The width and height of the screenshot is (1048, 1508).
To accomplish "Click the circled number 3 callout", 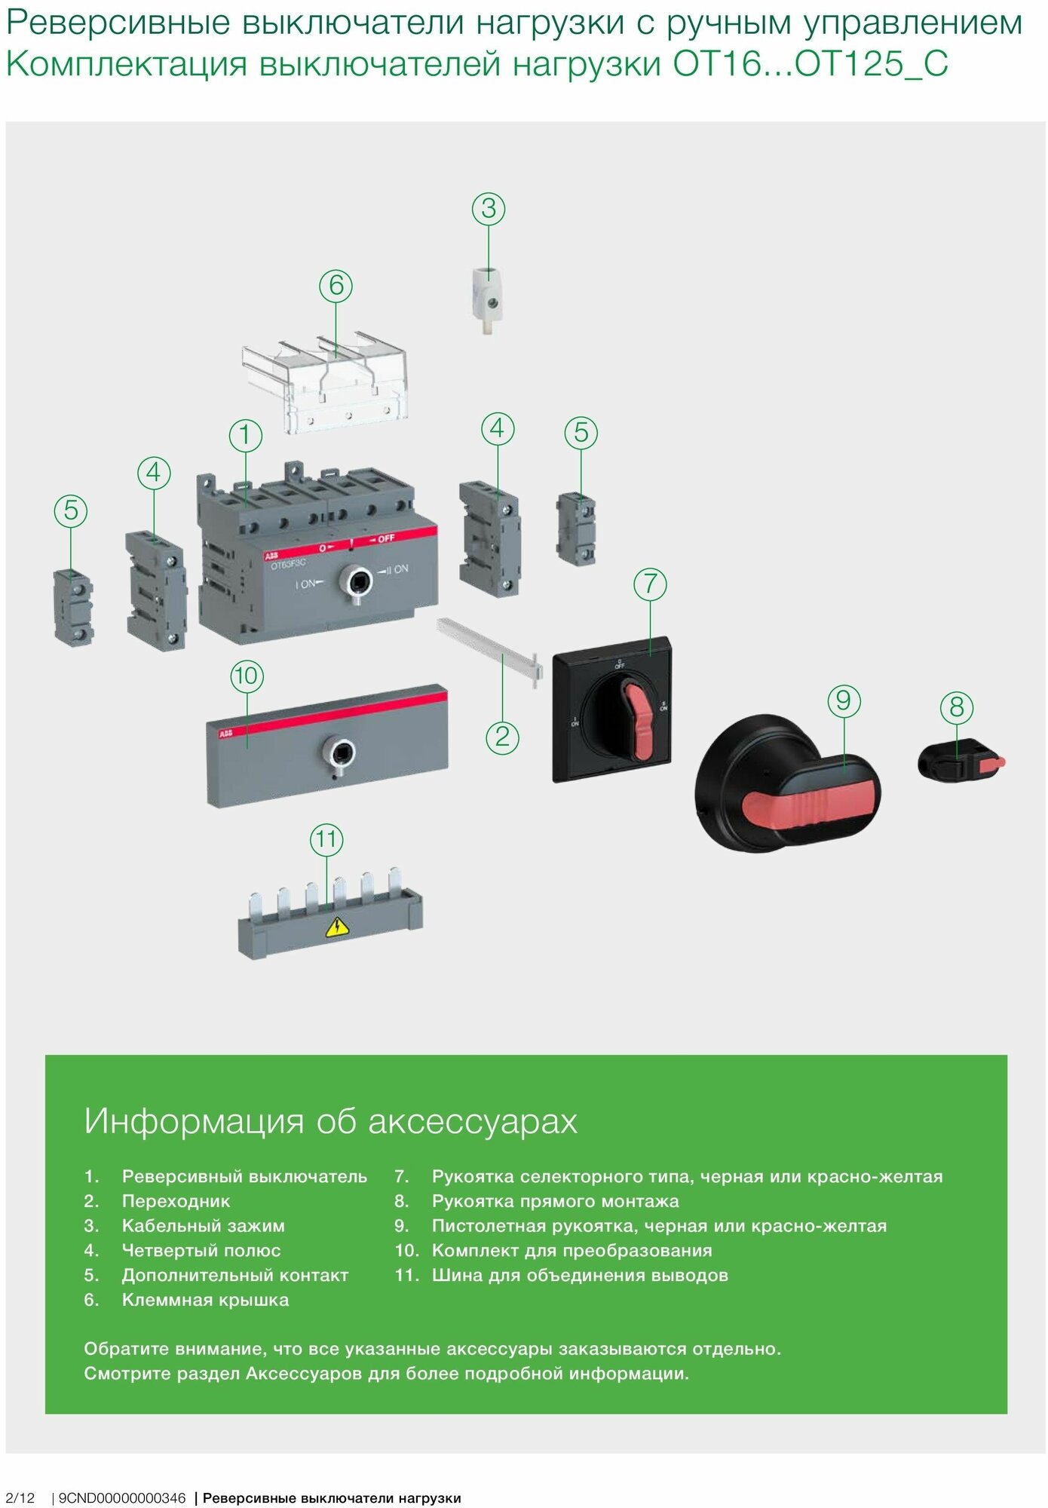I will tap(489, 209).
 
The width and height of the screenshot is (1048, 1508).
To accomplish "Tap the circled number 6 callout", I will tap(336, 286).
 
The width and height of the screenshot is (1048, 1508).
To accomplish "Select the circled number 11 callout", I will tap(326, 840).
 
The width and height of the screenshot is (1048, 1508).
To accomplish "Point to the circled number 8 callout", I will tap(957, 707).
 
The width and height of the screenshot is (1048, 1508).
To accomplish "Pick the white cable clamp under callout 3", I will tap(487, 299).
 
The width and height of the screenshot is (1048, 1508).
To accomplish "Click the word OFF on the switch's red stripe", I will tap(386, 538).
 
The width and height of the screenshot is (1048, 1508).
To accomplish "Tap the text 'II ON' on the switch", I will tap(398, 569).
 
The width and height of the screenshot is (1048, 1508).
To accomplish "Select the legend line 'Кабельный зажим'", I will tap(203, 1226).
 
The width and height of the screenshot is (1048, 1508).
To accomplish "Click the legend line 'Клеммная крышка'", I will tap(205, 1300).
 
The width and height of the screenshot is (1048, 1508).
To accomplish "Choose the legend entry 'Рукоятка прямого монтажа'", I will tap(555, 1201).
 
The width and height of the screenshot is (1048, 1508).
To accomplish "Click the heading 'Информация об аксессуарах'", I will tap(330, 1121).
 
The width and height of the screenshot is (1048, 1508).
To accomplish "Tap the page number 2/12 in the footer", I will tap(20, 1497).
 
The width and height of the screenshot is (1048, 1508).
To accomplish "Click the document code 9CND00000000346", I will tap(121, 1497).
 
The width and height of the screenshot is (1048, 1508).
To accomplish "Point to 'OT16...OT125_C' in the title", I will tap(810, 64).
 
